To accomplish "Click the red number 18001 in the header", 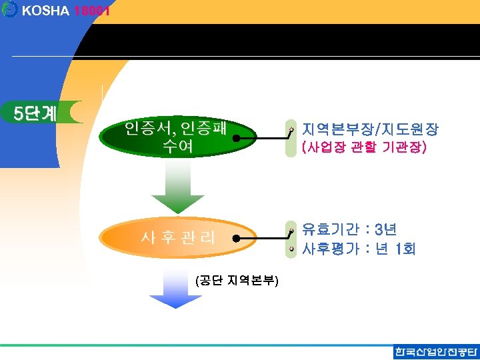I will (x=92, y=11).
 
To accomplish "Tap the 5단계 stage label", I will (x=36, y=113).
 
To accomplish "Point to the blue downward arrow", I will (x=175, y=292).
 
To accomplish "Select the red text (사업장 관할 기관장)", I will (x=364, y=146).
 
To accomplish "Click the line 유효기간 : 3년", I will (x=349, y=230).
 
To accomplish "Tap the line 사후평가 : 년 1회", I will (x=359, y=249).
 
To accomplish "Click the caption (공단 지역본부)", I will (x=237, y=281).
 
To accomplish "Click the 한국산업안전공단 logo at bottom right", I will (x=436, y=352).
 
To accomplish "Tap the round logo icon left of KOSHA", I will (x=9, y=10).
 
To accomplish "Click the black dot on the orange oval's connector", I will (x=236, y=237).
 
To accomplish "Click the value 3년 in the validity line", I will (x=386, y=230).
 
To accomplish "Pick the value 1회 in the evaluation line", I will (x=405, y=249).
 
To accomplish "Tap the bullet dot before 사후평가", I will (x=291, y=249).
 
